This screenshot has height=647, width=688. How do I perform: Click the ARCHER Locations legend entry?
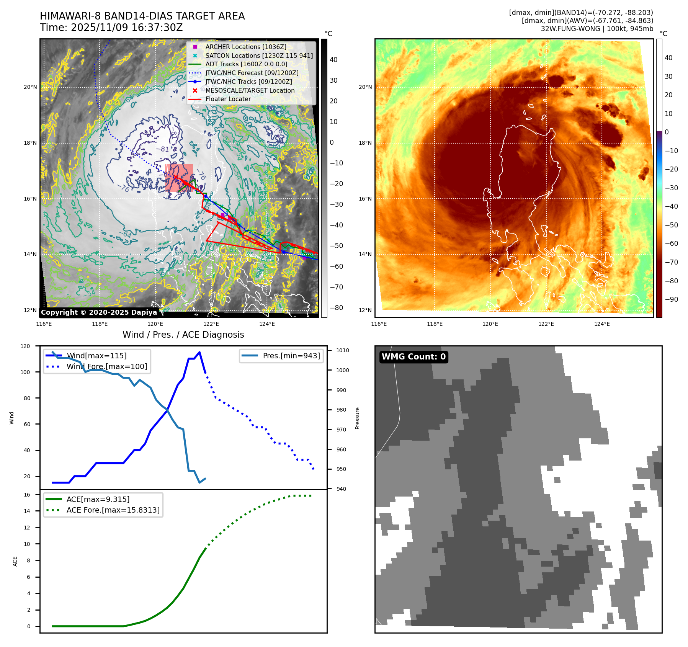(x=245, y=47)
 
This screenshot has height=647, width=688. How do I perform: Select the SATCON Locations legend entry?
(x=259, y=56)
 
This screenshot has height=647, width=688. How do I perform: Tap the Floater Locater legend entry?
(x=228, y=99)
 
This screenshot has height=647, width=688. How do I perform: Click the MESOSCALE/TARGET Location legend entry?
(x=250, y=90)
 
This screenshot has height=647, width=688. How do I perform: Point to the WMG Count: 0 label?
(x=413, y=357)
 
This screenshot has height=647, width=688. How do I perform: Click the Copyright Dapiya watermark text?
(x=99, y=312)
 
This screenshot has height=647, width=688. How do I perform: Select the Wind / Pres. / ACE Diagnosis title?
(x=183, y=335)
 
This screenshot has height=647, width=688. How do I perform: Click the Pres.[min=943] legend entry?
(x=291, y=356)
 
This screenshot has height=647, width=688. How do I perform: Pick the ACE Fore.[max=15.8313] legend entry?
(x=113, y=510)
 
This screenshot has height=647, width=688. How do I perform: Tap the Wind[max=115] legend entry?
(x=96, y=356)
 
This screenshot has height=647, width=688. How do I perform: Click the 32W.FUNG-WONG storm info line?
(x=597, y=29)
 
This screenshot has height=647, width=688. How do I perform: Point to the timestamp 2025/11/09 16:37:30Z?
(x=127, y=28)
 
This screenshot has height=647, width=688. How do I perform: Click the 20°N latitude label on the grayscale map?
(x=30, y=87)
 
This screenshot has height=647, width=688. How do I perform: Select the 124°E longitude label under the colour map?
(x=602, y=324)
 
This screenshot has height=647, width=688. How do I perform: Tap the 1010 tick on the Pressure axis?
(x=343, y=350)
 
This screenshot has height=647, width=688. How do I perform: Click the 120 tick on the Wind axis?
(x=25, y=346)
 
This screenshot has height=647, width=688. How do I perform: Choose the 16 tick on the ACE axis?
(x=27, y=495)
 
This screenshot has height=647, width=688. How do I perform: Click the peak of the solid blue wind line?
(x=199, y=352)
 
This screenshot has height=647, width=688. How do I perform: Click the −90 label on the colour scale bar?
(x=671, y=299)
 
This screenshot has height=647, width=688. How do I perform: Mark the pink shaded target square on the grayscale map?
(x=179, y=178)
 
